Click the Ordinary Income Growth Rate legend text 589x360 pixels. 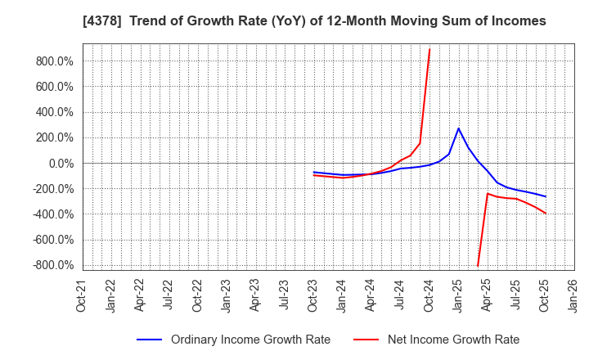click(x=250, y=340)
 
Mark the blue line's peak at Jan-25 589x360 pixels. click(x=459, y=128)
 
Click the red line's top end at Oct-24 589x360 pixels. click(x=429, y=49)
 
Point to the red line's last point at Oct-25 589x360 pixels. click(x=546, y=214)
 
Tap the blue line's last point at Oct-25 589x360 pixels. click(x=546, y=196)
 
